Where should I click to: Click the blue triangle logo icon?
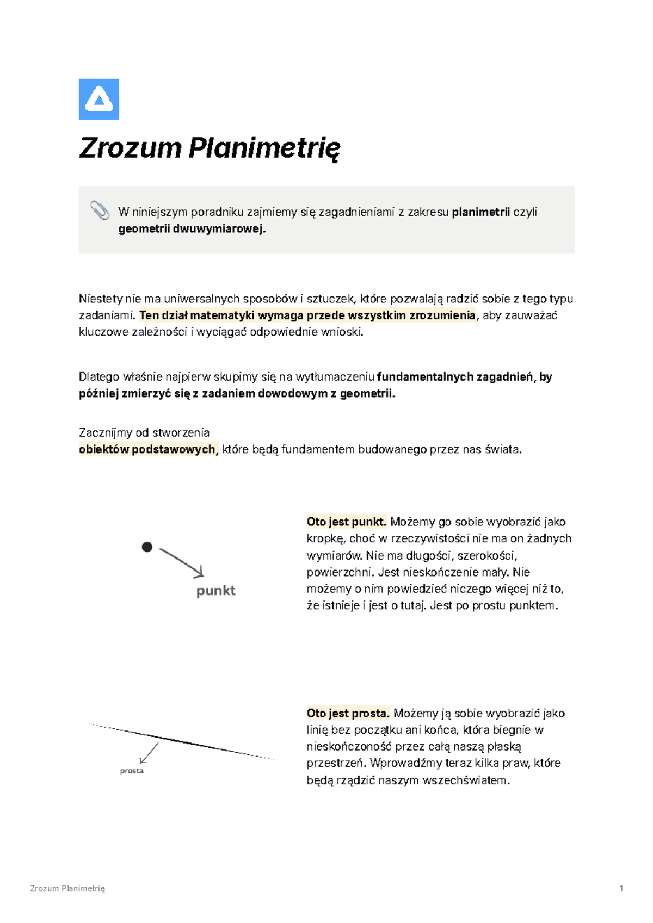pos(98,99)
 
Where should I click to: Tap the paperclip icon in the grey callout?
pos(100,210)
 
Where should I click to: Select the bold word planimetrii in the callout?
pos(480,212)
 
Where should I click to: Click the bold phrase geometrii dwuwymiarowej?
pos(192,229)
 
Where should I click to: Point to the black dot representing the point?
pos(147,547)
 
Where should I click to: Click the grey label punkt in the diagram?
pos(215,591)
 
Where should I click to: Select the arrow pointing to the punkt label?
pos(182,562)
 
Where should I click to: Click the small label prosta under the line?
pos(132,771)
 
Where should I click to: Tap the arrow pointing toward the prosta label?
pos(149,753)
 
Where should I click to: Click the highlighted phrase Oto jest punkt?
pos(346,522)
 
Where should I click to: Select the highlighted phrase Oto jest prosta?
pos(348,714)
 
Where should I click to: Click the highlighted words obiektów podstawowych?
pos(148,450)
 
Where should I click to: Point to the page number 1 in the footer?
pos(621,889)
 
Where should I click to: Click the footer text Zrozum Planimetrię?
pos(67,889)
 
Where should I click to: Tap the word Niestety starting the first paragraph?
pos(100,299)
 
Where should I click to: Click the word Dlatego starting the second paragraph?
pos(99,377)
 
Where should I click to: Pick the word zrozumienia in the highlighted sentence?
pos(442,315)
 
